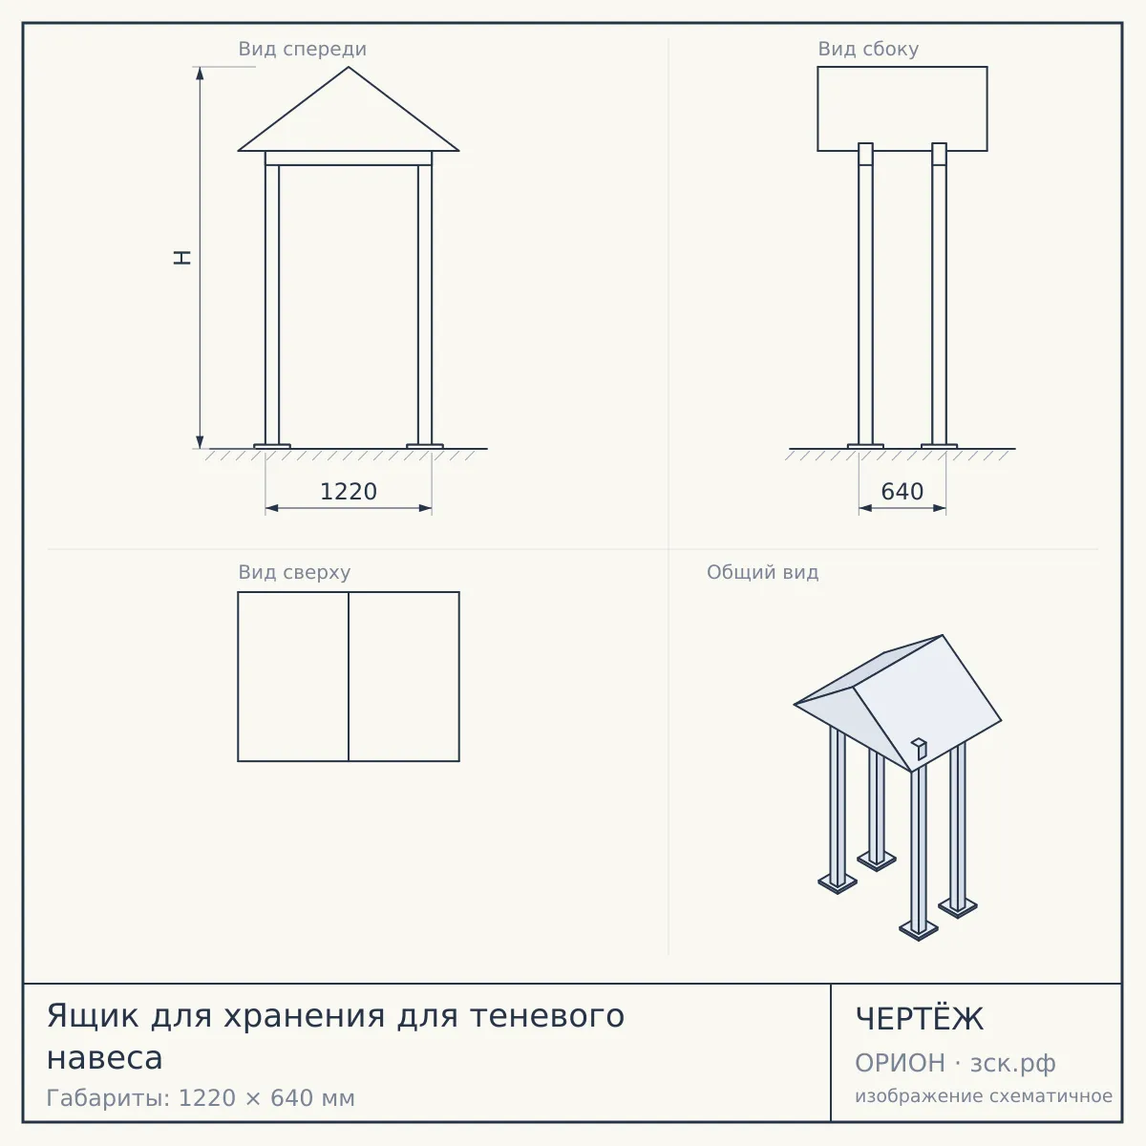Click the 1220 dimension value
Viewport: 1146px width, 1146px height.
(x=349, y=492)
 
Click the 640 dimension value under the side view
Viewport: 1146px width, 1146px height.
(x=902, y=492)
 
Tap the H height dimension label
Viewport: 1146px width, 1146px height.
(x=182, y=258)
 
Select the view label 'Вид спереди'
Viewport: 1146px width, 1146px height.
(x=302, y=49)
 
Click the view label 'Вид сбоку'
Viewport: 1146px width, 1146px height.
(x=868, y=49)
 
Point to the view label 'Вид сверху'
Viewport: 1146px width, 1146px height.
(x=294, y=572)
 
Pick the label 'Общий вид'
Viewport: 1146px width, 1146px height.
(x=762, y=572)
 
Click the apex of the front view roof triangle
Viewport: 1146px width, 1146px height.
(x=349, y=67)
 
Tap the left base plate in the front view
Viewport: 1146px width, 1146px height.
(x=272, y=446)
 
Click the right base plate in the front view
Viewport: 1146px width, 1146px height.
(x=425, y=446)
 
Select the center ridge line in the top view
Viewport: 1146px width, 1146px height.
(x=349, y=676)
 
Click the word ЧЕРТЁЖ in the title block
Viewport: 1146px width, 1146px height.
(x=919, y=1019)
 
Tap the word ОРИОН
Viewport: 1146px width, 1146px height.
(x=900, y=1063)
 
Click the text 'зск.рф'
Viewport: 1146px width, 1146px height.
(x=1013, y=1064)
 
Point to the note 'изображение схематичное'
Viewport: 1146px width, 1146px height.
(x=984, y=1096)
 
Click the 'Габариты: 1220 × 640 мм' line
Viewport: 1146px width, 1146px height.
(x=201, y=1098)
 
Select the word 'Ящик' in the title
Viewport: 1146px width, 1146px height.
(x=93, y=1016)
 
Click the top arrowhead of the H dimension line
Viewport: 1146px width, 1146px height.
(x=200, y=73)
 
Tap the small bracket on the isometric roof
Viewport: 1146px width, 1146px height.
(x=919, y=749)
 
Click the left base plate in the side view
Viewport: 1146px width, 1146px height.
(x=865, y=446)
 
